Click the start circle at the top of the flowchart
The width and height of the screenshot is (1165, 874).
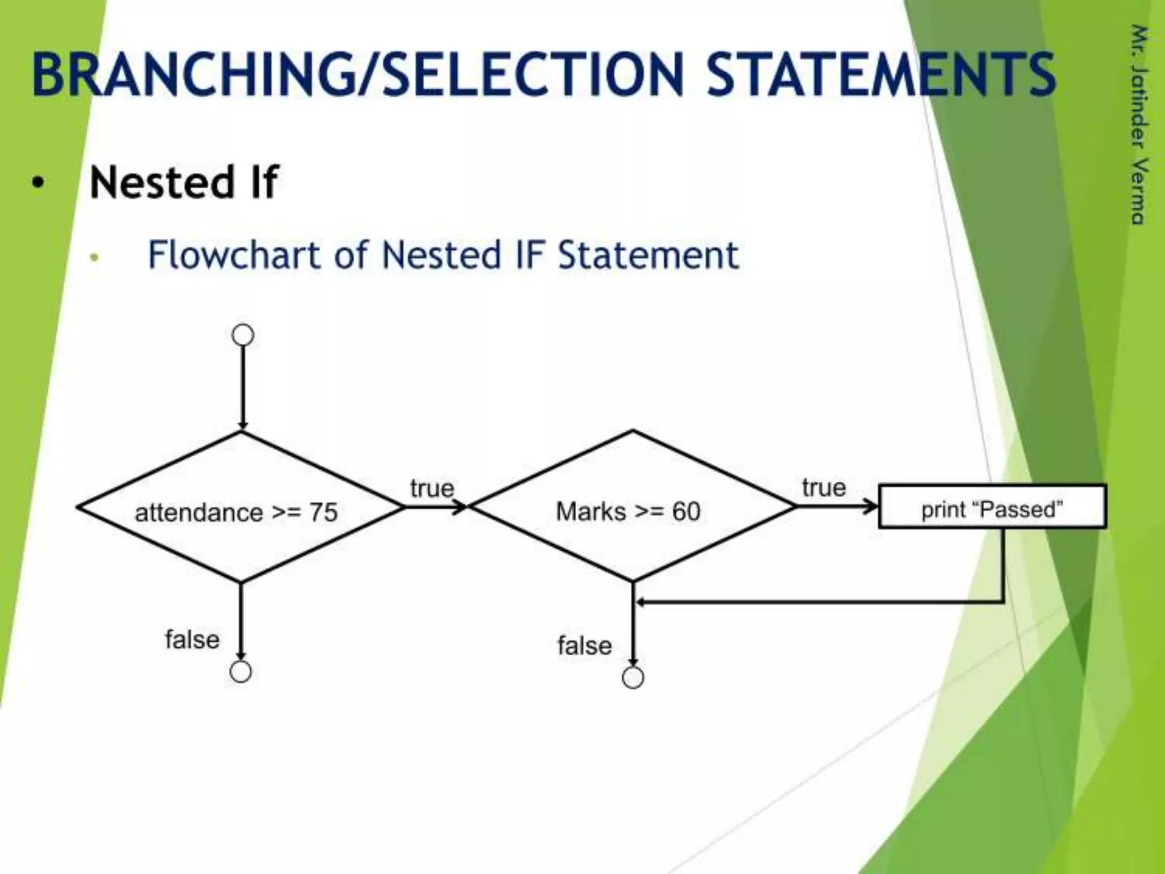243,335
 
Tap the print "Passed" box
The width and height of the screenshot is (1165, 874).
992,506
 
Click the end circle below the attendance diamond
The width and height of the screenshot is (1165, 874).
241,672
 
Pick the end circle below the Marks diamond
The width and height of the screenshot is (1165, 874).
633,678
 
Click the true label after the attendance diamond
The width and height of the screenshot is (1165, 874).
432,488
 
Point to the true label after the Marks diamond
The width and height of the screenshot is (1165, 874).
824,488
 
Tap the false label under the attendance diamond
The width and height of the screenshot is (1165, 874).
192,640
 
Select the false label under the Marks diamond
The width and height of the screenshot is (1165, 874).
584,646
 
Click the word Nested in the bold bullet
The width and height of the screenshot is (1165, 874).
162,183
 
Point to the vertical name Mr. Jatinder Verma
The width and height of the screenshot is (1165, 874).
1138,125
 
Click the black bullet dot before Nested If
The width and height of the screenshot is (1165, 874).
38,183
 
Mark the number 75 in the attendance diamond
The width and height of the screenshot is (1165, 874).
323,513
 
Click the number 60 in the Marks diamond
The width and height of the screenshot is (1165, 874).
686,512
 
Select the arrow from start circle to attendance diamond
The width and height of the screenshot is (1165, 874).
242,387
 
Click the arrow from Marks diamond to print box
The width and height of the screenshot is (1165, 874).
836,506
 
